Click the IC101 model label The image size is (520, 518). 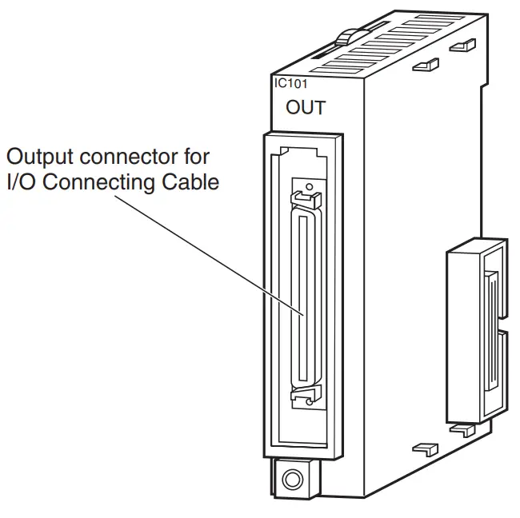[x=288, y=82]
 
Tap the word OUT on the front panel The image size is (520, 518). [x=306, y=108]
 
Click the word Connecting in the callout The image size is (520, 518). [x=101, y=182]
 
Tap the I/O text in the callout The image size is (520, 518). [x=22, y=182]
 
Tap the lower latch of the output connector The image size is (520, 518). [x=305, y=395]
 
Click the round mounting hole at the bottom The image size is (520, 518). [x=294, y=480]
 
